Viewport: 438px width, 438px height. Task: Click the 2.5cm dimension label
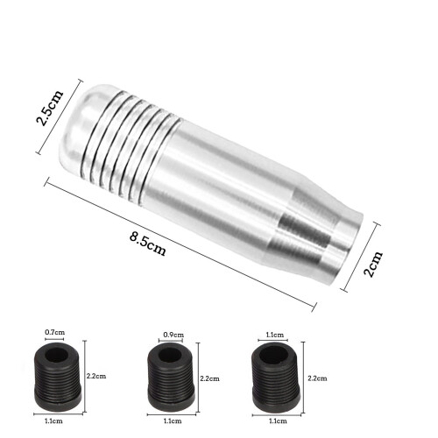tap(49, 108)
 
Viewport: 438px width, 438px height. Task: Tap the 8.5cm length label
tap(148, 244)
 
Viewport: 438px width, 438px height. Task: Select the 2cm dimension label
tap(373, 264)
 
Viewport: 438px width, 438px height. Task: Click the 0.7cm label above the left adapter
tap(54, 332)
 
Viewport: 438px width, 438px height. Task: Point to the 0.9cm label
tap(173, 335)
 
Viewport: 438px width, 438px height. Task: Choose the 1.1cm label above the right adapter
tap(275, 335)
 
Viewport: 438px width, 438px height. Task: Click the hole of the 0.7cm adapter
tap(57, 355)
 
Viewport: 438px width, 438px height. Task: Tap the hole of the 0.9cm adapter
tap(171, 356)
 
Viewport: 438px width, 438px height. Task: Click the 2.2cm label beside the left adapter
tap(96, 376)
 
